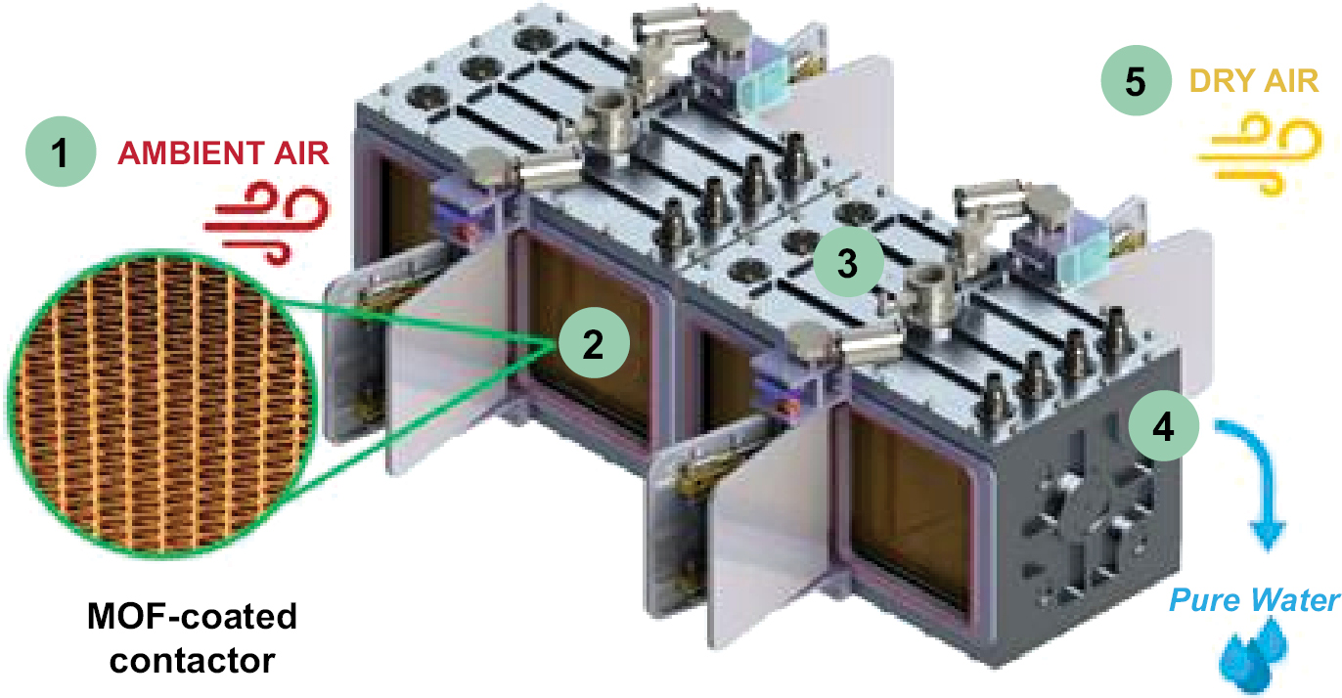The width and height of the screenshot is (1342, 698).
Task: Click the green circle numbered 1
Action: point(61,152)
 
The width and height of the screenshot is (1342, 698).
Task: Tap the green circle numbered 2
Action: point(594,343)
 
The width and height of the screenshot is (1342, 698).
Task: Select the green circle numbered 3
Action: point(848,262)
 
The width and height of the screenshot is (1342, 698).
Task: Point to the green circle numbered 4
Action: point(1163,426)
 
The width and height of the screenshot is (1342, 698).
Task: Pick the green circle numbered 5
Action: point(1136,81)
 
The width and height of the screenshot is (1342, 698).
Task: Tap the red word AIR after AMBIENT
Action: point(301,153)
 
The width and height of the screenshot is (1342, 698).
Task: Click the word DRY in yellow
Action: point(1221,81)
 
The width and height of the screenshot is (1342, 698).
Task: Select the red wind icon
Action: point(267,223)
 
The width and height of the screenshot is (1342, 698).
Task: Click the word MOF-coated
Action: point(192,616)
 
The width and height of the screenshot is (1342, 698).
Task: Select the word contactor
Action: point(192,661)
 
